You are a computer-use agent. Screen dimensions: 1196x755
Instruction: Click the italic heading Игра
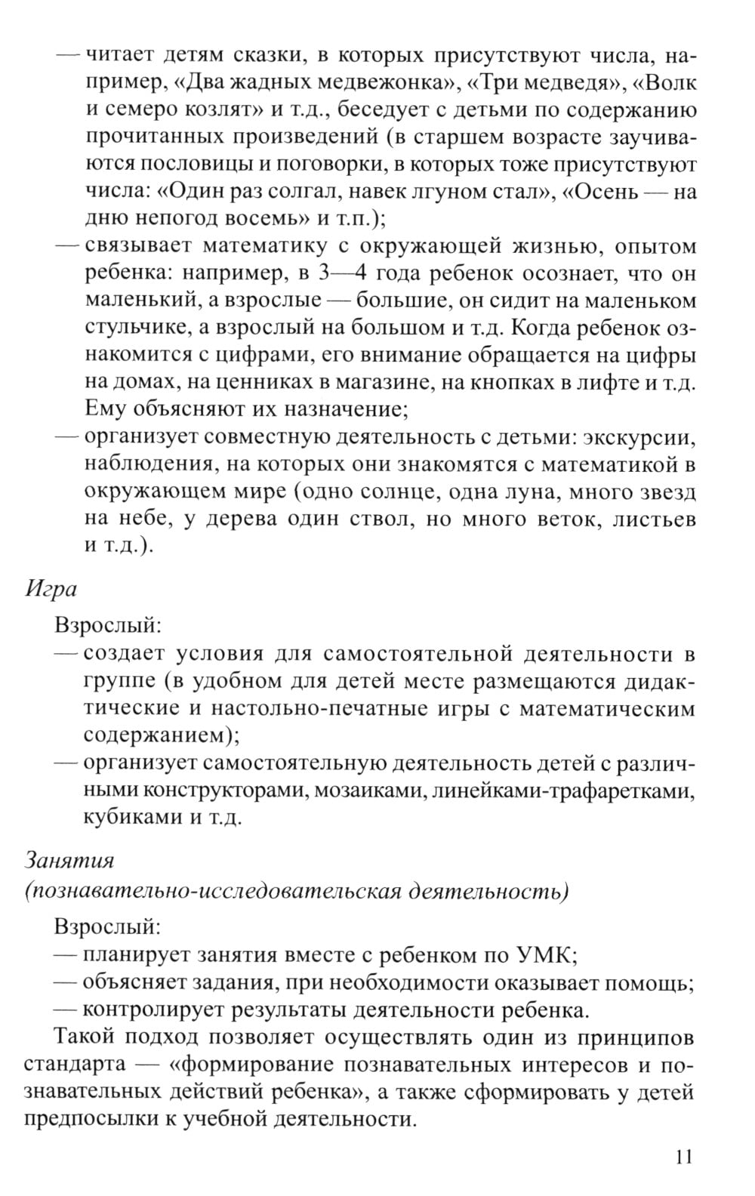(51, 587)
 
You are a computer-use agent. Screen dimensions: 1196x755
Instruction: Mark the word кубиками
(131, 818)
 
